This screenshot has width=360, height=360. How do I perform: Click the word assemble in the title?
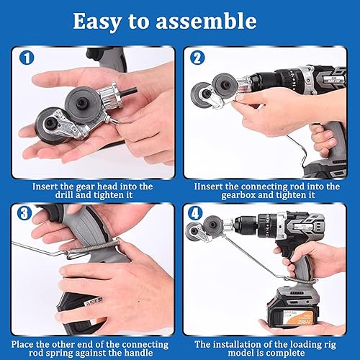[206, 21]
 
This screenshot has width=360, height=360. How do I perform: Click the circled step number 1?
[27, 58]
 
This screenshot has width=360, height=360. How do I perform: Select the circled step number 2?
[197, 58]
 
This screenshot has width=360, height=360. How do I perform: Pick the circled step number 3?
[24, 213]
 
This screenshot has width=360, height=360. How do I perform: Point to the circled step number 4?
[195, 213]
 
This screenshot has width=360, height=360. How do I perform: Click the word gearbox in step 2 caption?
[238, 195]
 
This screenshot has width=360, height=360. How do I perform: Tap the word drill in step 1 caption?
[64, 194]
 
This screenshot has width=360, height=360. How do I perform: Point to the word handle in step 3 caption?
[138, 353]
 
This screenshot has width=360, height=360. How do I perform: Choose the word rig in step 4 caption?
[329, 345]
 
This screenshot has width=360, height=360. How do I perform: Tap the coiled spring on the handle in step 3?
[94, 247]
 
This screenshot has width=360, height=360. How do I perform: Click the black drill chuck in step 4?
[246, 225]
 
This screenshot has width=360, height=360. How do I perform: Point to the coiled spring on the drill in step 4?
[300, 280]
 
